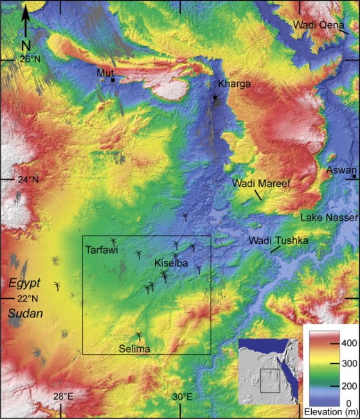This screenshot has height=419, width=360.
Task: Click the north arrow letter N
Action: (x=26, y=45)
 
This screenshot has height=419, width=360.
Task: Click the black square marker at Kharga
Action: (x=215, y=98)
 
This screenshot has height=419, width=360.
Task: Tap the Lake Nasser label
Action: (x=328, y=218)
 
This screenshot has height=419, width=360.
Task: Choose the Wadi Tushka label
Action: (x=278, y=241)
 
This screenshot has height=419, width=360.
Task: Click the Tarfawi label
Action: (x=102, y=251)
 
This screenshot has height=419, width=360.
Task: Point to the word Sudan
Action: (x=23, y=313)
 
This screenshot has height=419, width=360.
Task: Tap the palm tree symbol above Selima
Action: (x=139, y=335)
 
